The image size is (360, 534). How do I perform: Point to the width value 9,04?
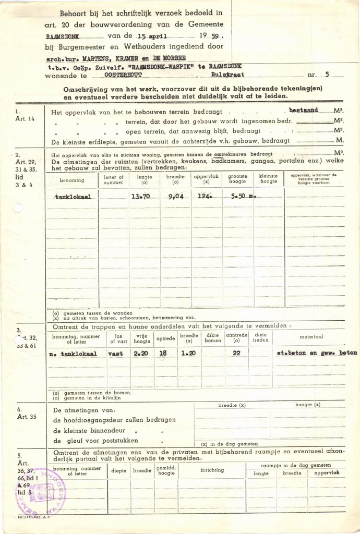pos(175,197)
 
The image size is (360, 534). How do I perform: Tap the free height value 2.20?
pos(141,354)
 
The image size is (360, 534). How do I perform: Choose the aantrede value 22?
pos(236,354)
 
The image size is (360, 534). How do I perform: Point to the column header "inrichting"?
pos(212,470)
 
